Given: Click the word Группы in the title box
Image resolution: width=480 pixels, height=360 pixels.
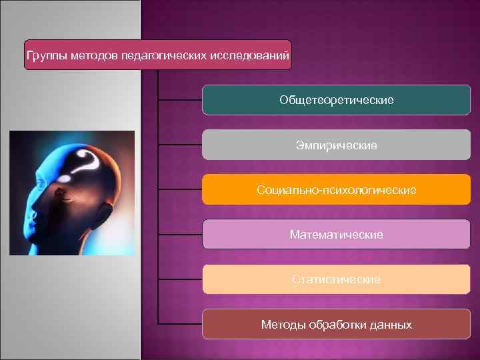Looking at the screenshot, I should [x=45, y=56].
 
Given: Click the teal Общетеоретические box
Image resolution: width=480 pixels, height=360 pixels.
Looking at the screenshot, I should [x=337, y=100].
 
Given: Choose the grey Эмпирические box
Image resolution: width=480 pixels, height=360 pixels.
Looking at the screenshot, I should [x=337, y=145].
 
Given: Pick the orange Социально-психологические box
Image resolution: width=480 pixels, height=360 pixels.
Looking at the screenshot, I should [x=337, y=190].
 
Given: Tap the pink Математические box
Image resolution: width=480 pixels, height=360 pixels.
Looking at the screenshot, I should [x=337, y=235].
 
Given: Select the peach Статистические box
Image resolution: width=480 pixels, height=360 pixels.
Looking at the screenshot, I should [x=337, y=279].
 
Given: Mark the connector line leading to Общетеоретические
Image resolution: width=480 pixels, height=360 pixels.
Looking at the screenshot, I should [x=179, y=100].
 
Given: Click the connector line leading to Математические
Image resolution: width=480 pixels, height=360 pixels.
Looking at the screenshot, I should [x=179, y=235].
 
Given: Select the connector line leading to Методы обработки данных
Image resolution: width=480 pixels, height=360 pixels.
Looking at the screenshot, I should [x=179, y=325].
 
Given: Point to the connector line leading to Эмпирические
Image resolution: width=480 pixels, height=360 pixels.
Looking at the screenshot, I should [x=179, y=145].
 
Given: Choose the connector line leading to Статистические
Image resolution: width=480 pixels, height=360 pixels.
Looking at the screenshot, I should [x=179, y=279].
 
